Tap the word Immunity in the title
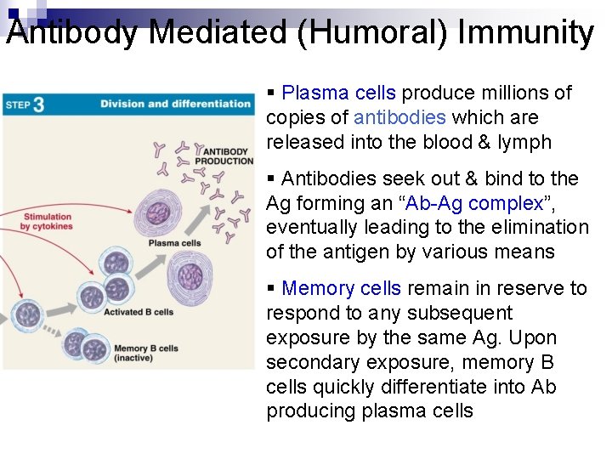525,32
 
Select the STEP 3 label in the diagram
25,105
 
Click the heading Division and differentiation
175,105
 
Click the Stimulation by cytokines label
48,222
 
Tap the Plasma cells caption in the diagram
174,243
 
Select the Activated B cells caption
138,312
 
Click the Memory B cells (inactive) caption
145,352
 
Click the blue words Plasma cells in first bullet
338,93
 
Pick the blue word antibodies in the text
399,117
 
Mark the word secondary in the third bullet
309,363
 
